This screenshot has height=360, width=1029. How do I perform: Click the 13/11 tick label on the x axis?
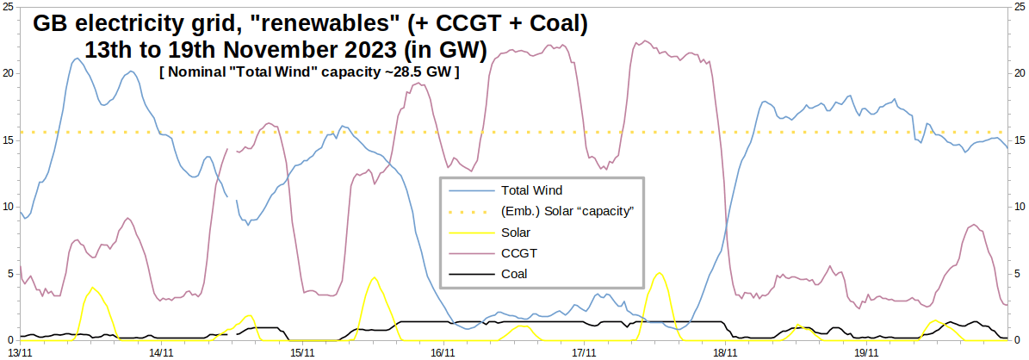(21, 351)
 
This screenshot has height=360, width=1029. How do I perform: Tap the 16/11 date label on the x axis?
(443, 351)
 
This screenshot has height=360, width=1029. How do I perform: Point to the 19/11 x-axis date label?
(866, 351)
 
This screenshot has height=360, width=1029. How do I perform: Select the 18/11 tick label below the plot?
(725, 351)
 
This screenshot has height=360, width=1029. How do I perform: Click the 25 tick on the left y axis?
(8, 6)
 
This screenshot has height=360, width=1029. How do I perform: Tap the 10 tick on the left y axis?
(8, 207)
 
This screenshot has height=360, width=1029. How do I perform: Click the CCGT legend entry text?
(518, 253)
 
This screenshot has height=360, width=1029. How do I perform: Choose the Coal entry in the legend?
(514, 274)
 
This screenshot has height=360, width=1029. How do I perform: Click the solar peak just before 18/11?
(659, 273)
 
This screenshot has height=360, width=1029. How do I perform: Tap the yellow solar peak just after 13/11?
(92, 288)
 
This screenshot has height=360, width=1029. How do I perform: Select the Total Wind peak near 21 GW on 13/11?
(77, 59)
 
